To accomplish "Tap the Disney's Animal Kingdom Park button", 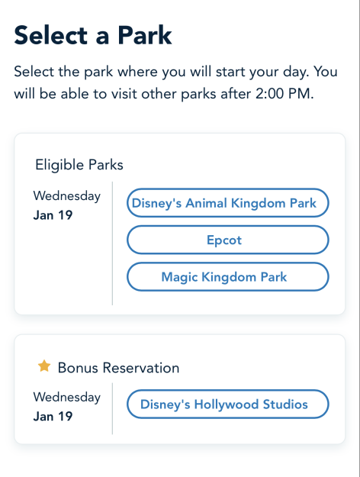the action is click(228, 203).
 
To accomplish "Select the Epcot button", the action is click(228, 240).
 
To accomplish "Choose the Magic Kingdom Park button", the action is click(228, 277).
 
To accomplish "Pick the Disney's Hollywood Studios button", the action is click(228, 404).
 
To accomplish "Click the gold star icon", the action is click(44, 366).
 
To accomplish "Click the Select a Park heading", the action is click(93, 35).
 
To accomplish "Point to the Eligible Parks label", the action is click(79, 165).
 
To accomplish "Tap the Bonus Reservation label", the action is click(118, 368).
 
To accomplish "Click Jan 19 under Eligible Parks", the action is click(53, 215).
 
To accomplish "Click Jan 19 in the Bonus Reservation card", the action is click(53, 416).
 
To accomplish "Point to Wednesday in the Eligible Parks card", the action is click(67, 196).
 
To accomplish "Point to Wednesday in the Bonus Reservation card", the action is click(67, 398).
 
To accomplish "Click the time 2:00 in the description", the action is click(270, 94).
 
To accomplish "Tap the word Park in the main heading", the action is click(145, 35).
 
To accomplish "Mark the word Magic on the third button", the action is click(179, 278).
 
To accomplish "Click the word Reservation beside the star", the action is click(141, 368).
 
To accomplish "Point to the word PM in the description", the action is click(301, 94).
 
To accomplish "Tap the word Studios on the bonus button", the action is click(285, 404).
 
